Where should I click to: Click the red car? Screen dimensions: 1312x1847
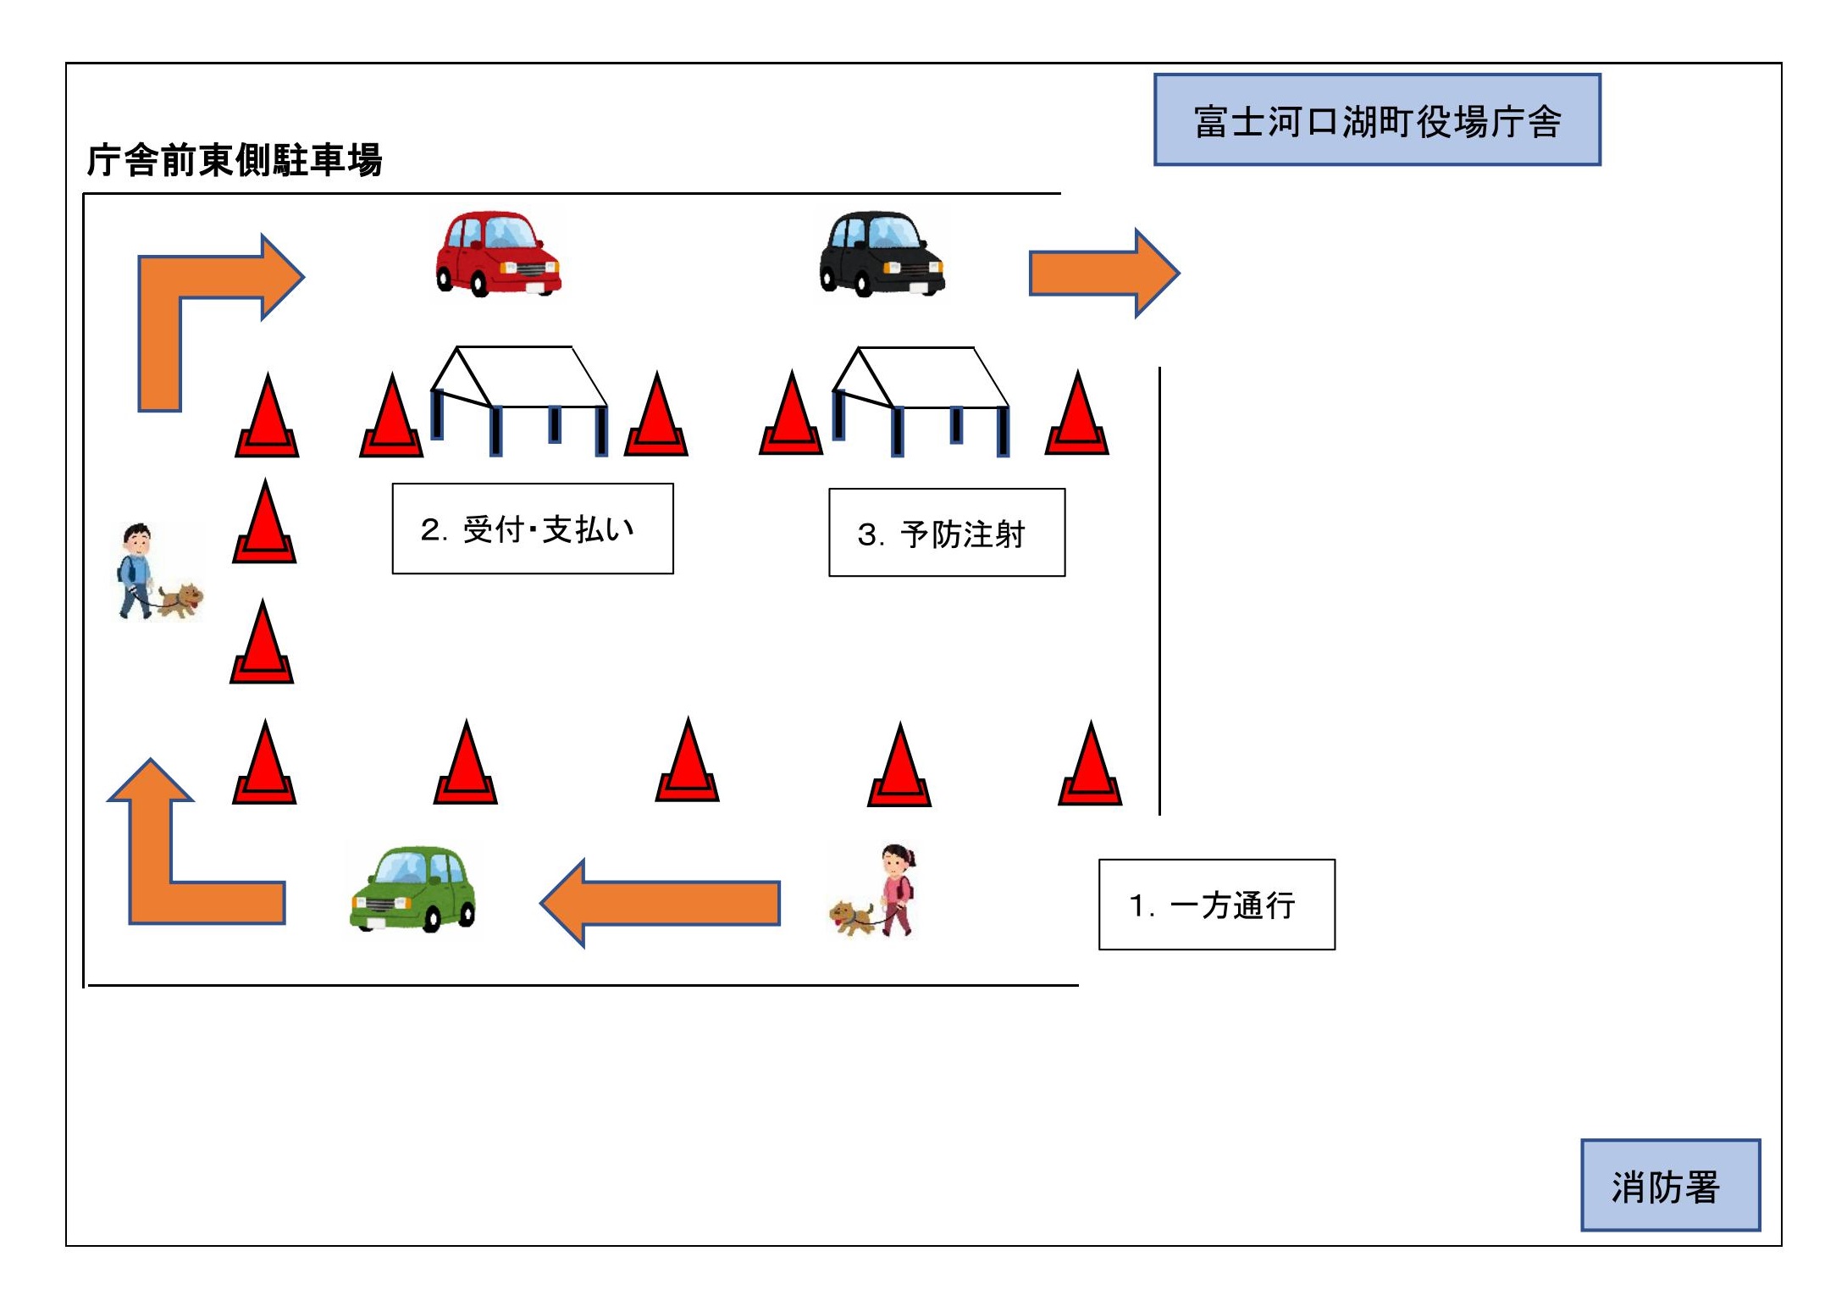pos(497,253)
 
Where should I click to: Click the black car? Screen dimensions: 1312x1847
pos(881,253)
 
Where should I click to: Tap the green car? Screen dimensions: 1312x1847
pos(413,889)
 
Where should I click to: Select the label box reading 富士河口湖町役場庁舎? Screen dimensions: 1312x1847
pos(1377,120)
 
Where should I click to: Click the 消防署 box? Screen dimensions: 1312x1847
pos(1669,1185)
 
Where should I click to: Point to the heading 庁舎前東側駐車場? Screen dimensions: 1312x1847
pos(235,160)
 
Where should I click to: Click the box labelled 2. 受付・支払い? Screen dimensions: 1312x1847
pos(533,529)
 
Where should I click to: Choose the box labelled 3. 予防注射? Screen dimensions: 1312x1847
pos(947,533)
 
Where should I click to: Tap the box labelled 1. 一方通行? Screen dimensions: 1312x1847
pos(1216,905)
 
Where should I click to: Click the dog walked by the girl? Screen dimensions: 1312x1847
pos(851,917)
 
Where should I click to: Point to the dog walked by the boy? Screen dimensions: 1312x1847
pos(182,600)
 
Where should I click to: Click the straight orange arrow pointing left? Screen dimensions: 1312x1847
pos(661,903)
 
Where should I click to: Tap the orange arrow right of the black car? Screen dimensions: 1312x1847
pos(1103,273)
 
